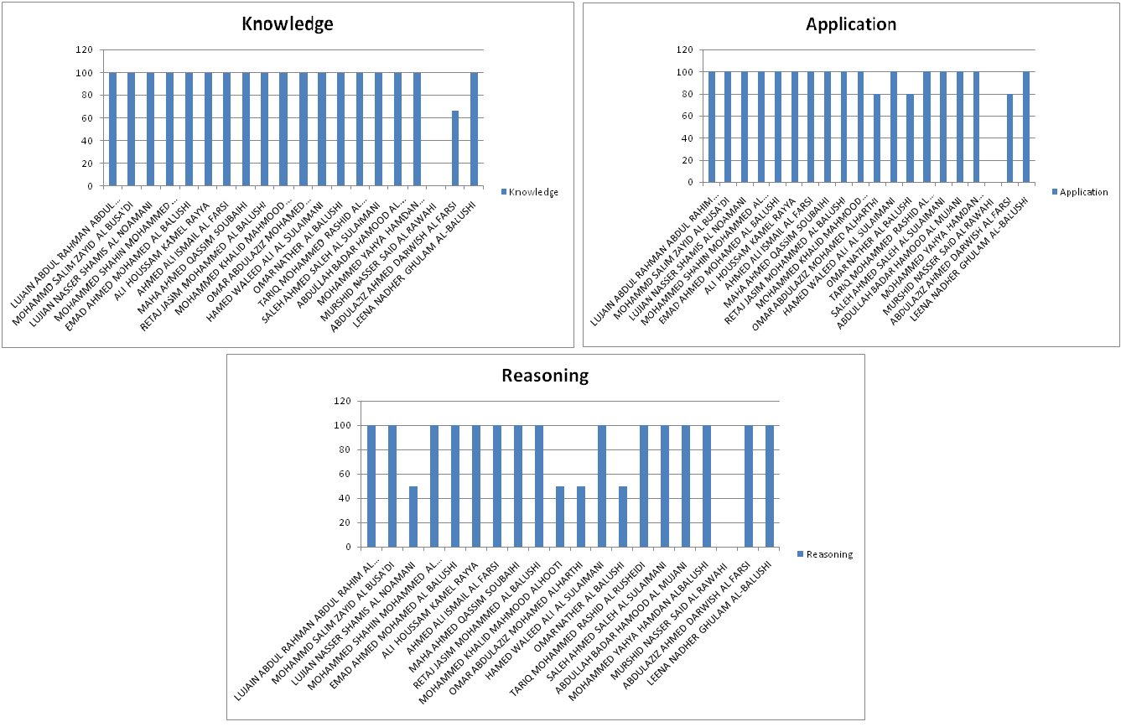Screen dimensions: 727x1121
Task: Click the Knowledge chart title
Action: (287, 23)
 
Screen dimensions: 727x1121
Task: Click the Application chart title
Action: (850, 23)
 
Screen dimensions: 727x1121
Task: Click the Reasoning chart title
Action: (545, 375)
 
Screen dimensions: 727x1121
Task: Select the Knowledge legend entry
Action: (533, 192)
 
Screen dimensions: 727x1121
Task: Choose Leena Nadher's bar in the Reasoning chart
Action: (770, 486)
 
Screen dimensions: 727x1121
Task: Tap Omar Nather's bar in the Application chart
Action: (911, 138)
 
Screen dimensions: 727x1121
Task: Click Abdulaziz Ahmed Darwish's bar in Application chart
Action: (1009, 138)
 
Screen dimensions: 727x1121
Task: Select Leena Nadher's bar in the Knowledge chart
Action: (474, 129)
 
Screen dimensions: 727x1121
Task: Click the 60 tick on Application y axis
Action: (684, 116)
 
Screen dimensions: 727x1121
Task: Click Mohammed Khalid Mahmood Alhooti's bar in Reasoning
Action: (560, 516)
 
